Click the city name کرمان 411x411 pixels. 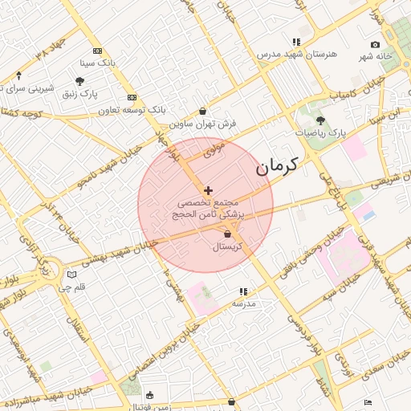point(277,167)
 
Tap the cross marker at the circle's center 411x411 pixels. point(209,190)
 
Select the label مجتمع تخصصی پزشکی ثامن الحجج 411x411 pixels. point(209,210)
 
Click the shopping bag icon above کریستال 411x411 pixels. point(228,234)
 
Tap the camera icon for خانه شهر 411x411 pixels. point(375,44)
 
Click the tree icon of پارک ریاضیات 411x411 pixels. point(320,120)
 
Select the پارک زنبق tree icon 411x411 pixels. point(80,81)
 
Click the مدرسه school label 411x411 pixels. point(242,304)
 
